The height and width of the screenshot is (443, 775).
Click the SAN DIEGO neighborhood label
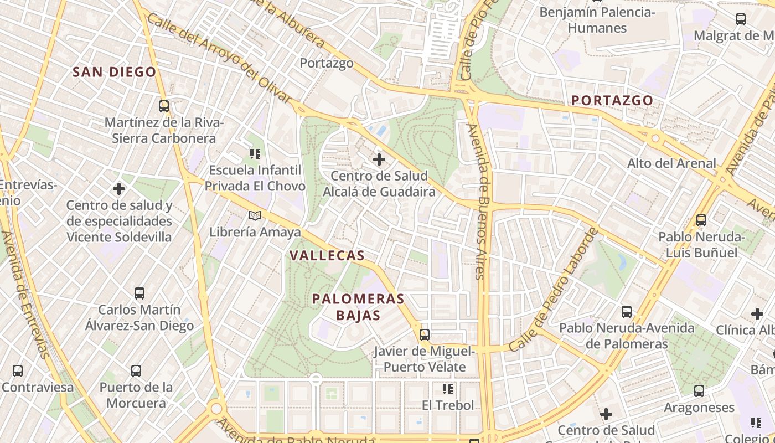[115, 72]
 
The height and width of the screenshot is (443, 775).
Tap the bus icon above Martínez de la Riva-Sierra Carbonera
[163, 106]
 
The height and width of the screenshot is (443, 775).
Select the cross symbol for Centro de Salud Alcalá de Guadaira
[379, 160]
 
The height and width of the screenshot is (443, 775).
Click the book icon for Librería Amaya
[255, 215]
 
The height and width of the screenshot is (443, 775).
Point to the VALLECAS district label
[327, 256]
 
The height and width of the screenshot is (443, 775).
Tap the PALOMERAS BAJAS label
[358, 307]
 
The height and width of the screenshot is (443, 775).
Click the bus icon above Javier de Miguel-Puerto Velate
[425, 334]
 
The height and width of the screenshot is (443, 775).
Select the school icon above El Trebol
[448, 389]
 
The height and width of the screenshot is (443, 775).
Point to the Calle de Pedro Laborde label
[554, 289]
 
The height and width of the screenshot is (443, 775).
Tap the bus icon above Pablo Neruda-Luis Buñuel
[701, 220]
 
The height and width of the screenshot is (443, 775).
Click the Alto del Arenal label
[671, 164]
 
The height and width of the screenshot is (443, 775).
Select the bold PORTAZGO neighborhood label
[612, 101]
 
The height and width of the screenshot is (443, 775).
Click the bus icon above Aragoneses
[699, 391]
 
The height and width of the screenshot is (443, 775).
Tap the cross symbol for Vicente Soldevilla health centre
[119, 189]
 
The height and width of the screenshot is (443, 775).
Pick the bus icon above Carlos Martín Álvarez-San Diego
[139, 293]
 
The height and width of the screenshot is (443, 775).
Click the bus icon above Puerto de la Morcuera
[136, 370]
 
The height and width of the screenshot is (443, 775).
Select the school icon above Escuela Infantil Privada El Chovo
[255, 153]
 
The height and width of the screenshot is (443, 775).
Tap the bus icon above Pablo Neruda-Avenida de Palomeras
[627, 311]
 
